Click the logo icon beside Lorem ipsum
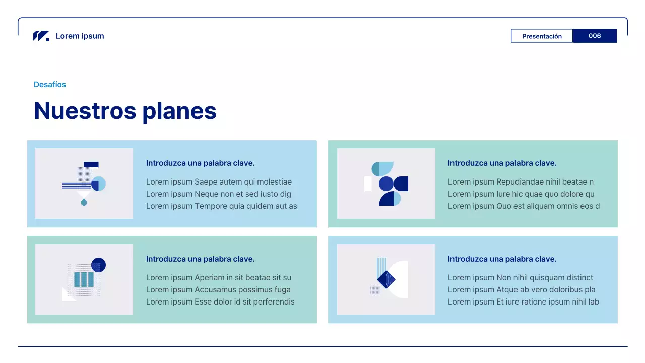41,36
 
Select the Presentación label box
542,36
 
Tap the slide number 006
595,36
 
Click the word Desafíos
50,85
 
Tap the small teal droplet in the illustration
84,202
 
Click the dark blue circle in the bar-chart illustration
98,265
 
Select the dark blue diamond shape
386,279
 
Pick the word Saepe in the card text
206,182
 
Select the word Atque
507,290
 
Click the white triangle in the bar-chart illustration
67,295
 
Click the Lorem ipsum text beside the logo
80,36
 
